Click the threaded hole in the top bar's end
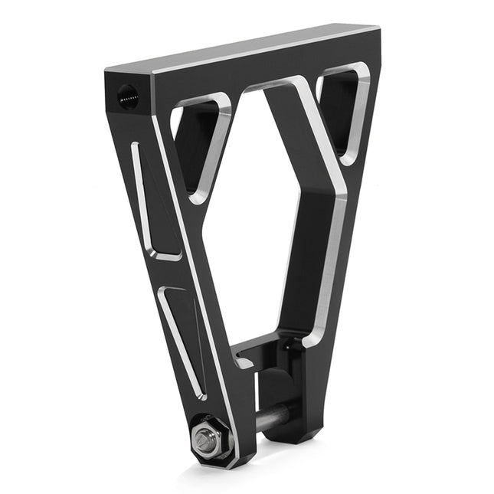tap(128, 97)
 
